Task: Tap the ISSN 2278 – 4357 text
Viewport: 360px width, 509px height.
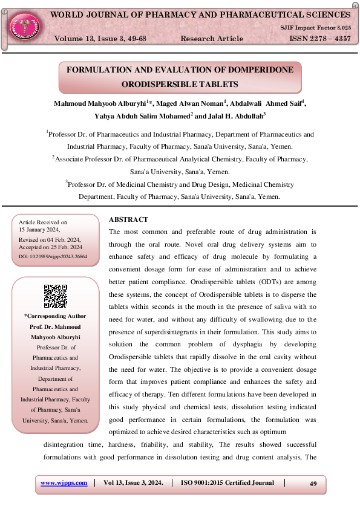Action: click(x=320, y=39)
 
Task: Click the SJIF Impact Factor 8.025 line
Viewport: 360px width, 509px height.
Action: click(x=315, y=28)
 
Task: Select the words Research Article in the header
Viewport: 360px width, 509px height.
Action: click(x=212, y=39)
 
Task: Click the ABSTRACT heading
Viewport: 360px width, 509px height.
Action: click(x=128, y=219)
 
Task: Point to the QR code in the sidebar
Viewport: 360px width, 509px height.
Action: click(x=55, y=296)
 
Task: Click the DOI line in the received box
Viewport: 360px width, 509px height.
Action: click(x=53, y=257)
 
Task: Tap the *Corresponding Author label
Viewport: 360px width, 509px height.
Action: click(x=55, y=316)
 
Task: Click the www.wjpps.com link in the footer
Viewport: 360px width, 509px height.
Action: click(x=64, y=483)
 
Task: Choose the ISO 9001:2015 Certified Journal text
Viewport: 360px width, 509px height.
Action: click(x=227, y=483)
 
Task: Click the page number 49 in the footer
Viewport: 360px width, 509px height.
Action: click(x=313, y=484)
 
